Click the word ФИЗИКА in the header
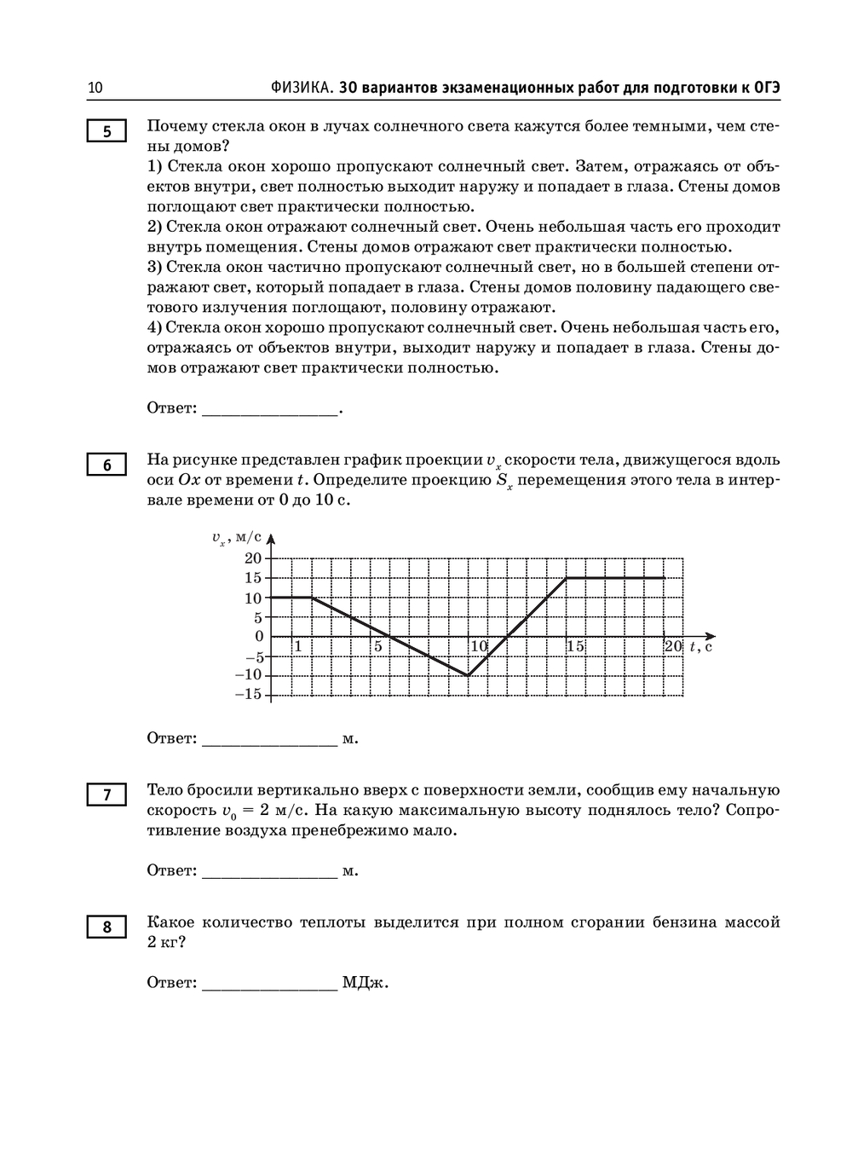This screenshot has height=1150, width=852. (x=302, y=88)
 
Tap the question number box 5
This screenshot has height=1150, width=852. (x=106, y=131)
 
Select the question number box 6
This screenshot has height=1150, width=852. (x=106, y=465)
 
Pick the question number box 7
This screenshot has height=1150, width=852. (x=106, y=795)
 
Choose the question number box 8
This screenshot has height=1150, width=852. (x=106, y=927)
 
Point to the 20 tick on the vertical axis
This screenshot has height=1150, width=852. (x=253, y=558)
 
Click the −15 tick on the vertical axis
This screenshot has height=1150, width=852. (x=249, y=694)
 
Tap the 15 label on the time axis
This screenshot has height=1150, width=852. (x=576, y=646)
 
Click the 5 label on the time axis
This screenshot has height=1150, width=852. (x=377, y=646)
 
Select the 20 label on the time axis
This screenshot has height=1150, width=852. (x=673, y=646)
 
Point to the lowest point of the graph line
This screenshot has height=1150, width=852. (x=468, y=675)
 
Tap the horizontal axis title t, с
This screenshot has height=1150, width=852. (x=701, y=646)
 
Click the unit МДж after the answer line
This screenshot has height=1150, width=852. (x=366, y=983)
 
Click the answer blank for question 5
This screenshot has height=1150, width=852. (x=269, y=409)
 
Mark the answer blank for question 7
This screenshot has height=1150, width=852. (x=269, y=871)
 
